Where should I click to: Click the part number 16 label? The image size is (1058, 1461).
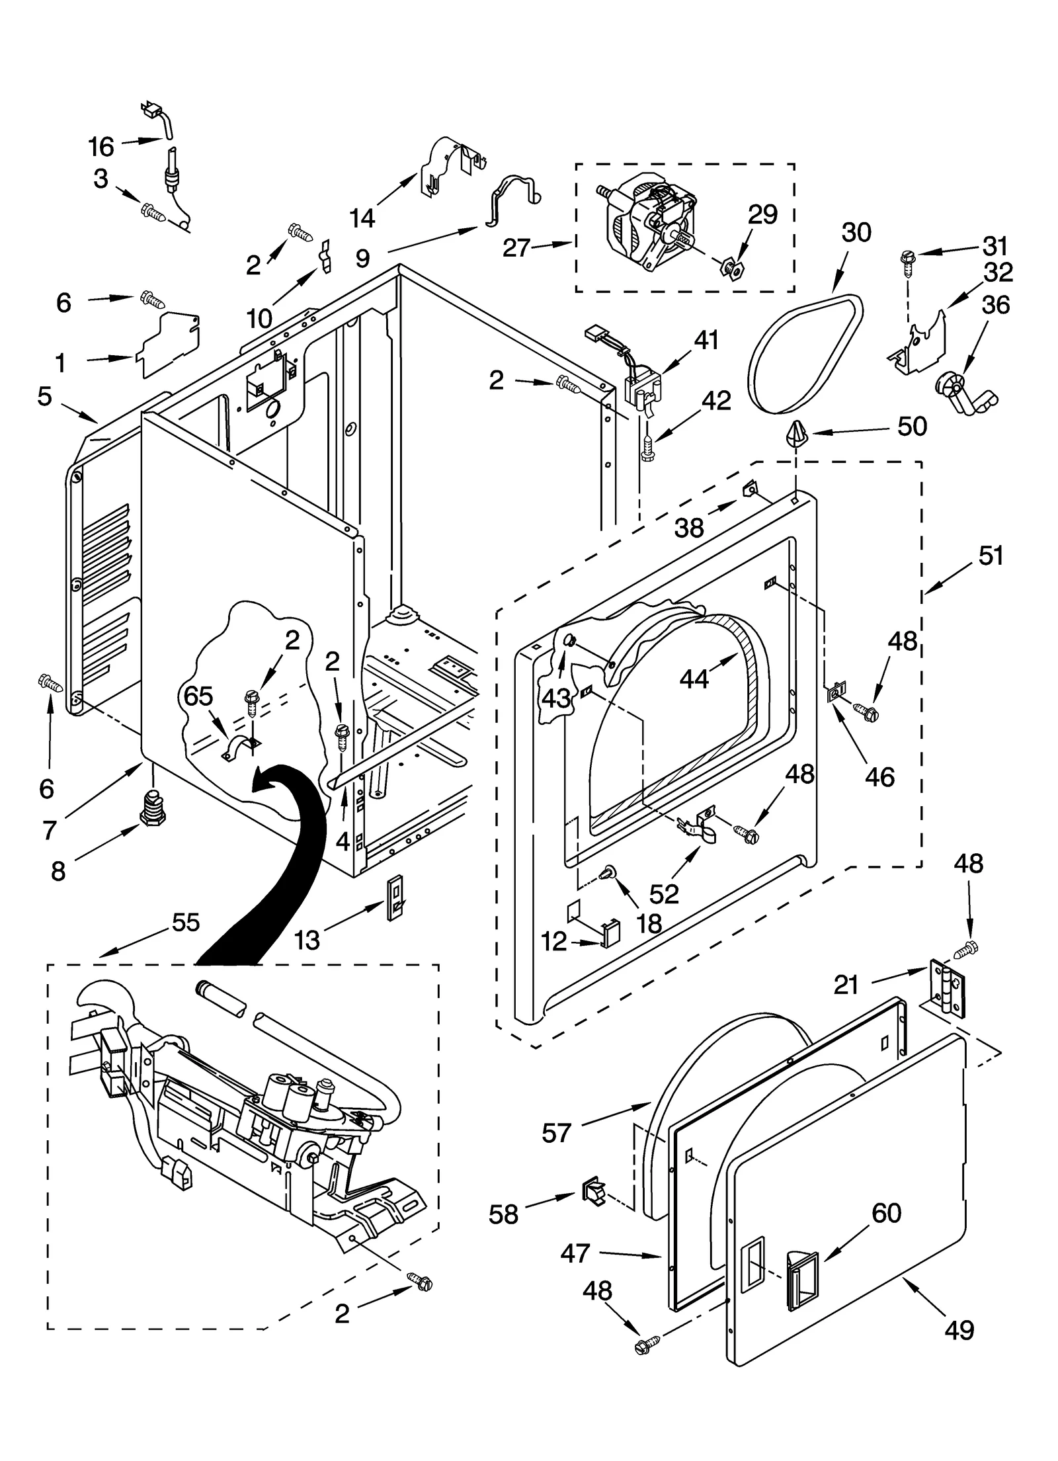tap(101, 146)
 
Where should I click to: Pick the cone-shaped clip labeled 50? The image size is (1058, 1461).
tap(795, 435)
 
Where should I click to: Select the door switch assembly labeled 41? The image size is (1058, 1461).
tap(643, 394)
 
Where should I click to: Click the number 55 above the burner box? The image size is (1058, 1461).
tap(184, 922)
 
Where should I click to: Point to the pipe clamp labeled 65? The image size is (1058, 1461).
tap(239, 747)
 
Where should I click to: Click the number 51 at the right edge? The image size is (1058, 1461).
tap(991, 556)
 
